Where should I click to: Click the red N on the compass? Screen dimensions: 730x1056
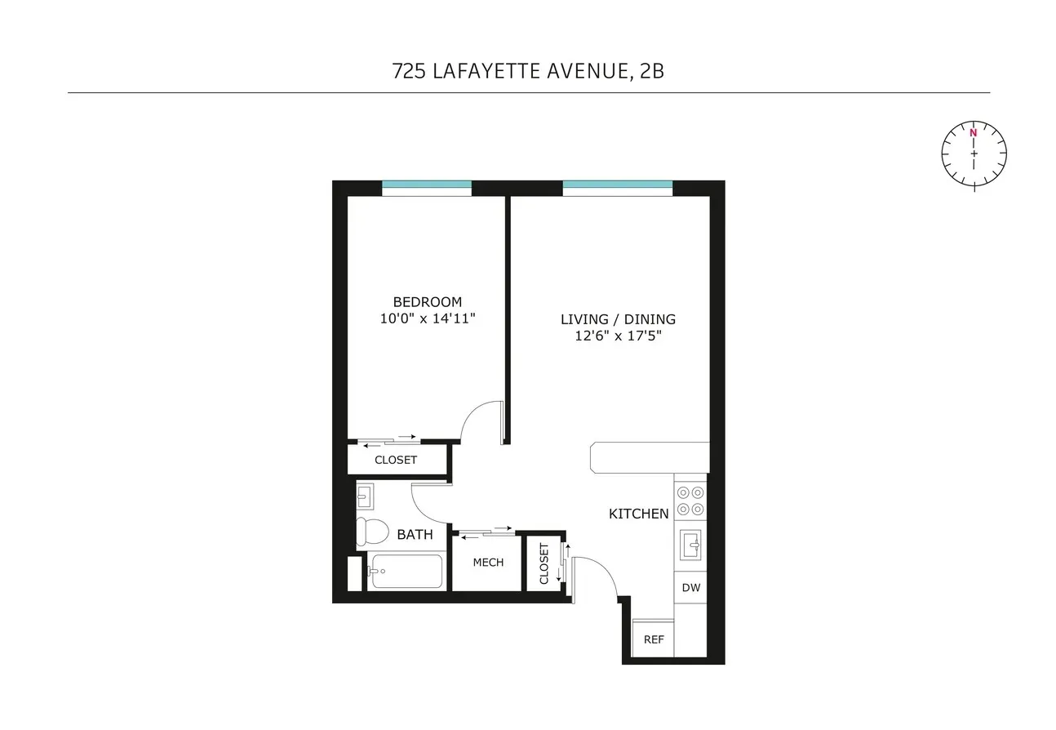coord(973,132)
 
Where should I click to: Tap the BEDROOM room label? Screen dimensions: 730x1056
coord(427,301)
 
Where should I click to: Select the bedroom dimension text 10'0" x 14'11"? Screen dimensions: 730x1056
coord(427,318)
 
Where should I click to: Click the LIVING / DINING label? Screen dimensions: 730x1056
coord(618,319)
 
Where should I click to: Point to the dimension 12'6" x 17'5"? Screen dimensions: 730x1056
coord(618,336)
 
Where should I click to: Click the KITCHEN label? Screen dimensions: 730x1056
coord(639,514)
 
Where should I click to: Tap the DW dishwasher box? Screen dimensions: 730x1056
coord(690,587)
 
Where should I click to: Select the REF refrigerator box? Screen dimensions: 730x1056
coord(653,639)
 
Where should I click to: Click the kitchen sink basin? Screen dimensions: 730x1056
coord(690,544)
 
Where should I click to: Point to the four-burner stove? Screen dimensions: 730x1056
coord(690,500)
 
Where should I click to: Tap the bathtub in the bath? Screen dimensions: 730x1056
coord(405,572)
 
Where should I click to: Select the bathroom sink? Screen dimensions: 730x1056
coord(364,495)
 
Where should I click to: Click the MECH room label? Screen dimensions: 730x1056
coord(488,562)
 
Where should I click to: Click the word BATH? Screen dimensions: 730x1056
coord(415,535)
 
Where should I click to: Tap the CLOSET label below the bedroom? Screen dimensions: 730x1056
coord(396,460)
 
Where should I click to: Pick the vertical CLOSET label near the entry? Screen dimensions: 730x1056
coord(544,563)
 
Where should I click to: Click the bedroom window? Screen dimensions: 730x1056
coord(427,185)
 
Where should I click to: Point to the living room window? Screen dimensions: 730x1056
coord(618,185)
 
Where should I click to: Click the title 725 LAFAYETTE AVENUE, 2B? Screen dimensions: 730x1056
coord(528,71)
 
